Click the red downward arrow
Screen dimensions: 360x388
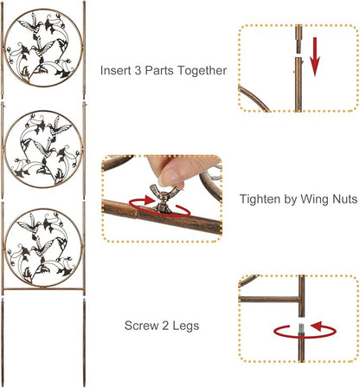tap(315, 56)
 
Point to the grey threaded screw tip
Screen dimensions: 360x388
tap(301, 328)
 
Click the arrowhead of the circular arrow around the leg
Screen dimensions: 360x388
tap(318, 326)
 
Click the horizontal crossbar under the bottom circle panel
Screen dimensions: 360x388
tap(43, 288)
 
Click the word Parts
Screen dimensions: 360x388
tap(158, 70)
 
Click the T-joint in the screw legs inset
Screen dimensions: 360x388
tap(300, 300)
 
